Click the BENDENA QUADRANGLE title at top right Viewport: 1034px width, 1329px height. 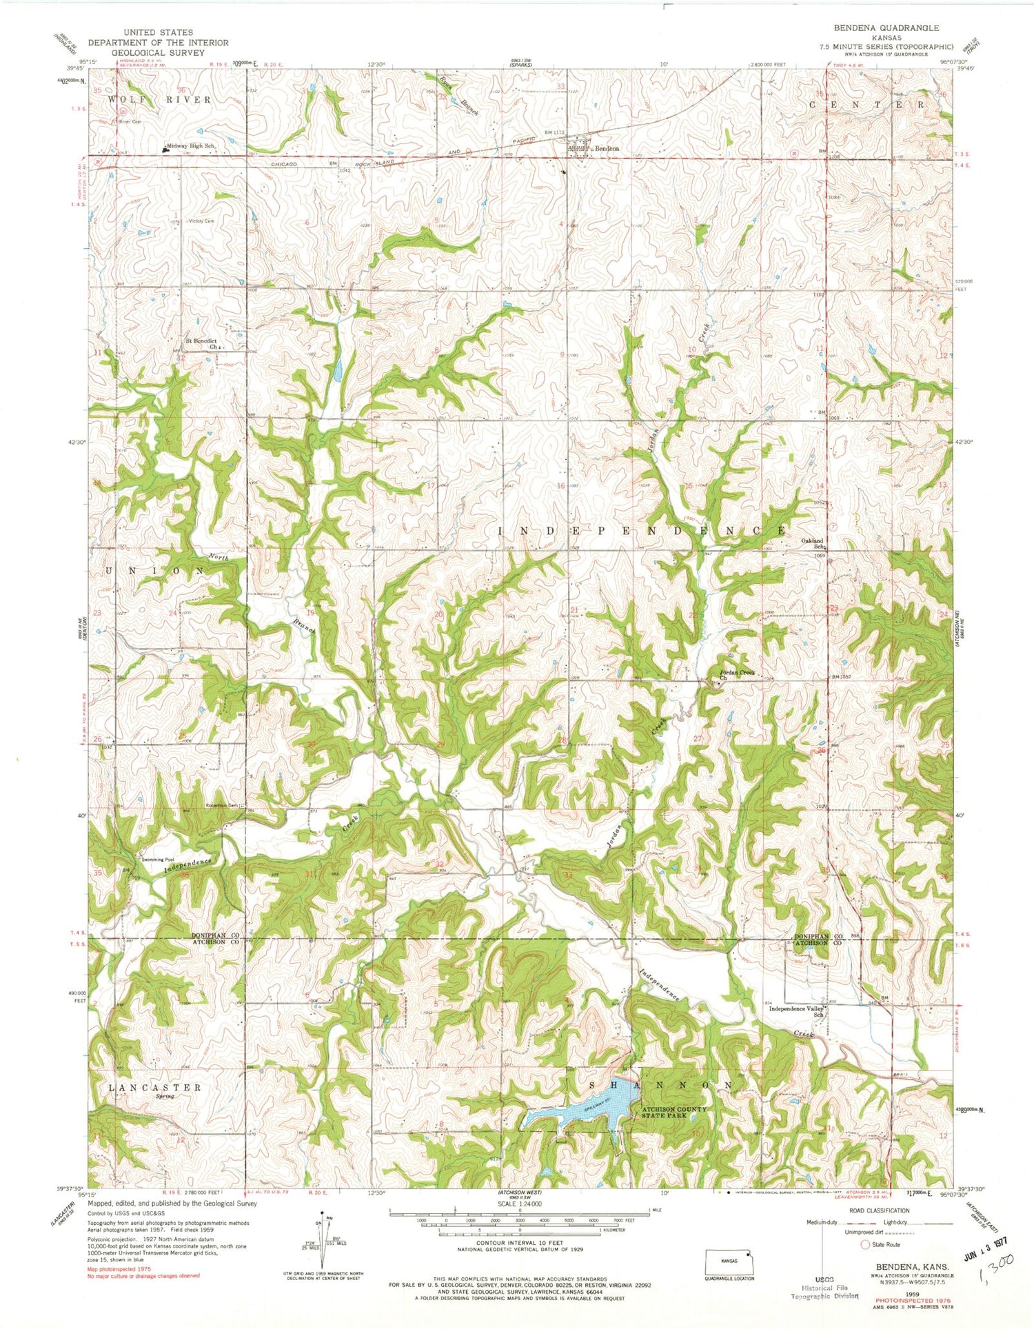886,28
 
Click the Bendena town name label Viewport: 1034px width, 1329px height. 607,148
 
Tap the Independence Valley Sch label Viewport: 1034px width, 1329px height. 797,1011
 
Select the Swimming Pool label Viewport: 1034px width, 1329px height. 157,860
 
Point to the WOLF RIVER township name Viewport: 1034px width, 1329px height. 159,100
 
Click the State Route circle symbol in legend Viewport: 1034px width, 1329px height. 865,1244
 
